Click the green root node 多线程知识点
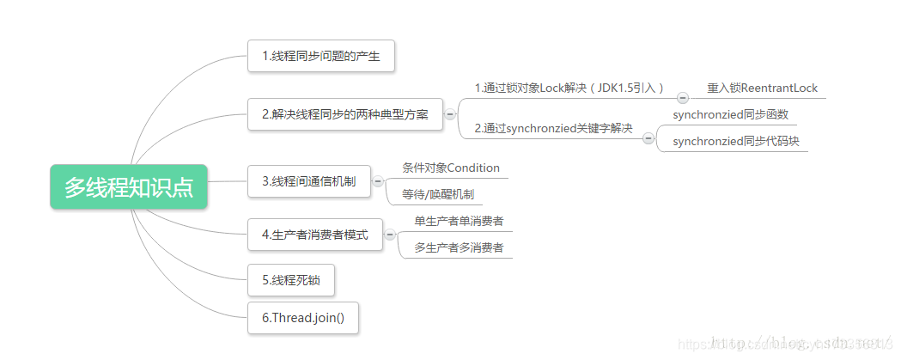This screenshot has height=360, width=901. tap(129, 186)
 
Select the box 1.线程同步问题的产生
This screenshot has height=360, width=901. tap(321, 57)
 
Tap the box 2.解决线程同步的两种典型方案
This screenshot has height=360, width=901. tap(344, 113)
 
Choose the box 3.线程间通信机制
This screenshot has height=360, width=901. tap(308, 181)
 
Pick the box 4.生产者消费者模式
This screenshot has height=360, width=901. tap(314, 235)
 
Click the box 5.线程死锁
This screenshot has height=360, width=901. tap(290, 280)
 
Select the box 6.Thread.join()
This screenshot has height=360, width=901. tap(302, 318)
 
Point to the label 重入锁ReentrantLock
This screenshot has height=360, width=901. tap(762, 88)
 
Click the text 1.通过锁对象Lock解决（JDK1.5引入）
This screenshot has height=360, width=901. tap(570, 88)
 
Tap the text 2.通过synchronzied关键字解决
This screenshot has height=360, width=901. tap(553, 129)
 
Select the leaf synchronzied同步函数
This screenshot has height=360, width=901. tap(730, 114)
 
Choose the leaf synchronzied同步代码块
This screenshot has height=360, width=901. tap(735, 141)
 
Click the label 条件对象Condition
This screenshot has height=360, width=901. tap(450, 168)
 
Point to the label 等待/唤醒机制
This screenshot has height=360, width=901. tap(437, 194)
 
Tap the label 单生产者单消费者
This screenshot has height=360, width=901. tap(459, 221)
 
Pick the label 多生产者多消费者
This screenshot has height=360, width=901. tap(459, 248)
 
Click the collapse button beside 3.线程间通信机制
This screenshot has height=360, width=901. tap(378, 181)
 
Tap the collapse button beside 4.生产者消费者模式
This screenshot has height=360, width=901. tap(390, 235)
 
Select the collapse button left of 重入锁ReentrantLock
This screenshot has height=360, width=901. tap(683, 98)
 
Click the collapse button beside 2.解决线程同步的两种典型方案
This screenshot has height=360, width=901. tap(449, 113)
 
